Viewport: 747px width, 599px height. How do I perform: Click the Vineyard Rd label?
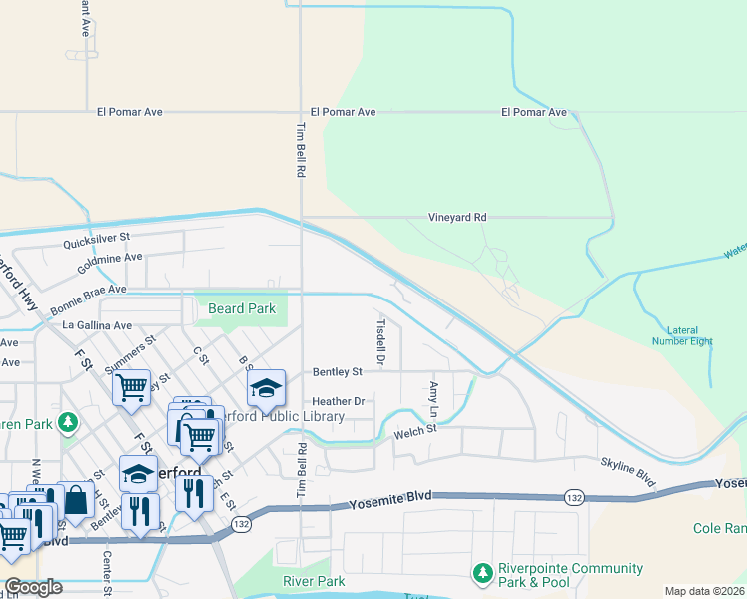point(457,217)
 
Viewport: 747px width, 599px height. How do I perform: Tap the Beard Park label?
point(242,309)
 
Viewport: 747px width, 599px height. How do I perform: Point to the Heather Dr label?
point(340,401)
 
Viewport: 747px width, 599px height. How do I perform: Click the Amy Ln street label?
point(433,399)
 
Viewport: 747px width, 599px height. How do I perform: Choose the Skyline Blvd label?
point(628,472)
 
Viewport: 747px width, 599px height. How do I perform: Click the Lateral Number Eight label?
point(690,335)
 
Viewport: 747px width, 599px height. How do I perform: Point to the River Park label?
point(314,581)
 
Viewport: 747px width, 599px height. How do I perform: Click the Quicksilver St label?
point(97,239)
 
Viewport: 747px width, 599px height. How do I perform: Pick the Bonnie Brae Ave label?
point(89,289)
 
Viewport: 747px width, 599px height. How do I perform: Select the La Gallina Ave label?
point(97,325)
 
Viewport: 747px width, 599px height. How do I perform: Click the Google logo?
point(32,587)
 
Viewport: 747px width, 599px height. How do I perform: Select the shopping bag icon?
point(76,501)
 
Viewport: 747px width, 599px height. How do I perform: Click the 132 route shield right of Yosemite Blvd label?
point(573,497)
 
